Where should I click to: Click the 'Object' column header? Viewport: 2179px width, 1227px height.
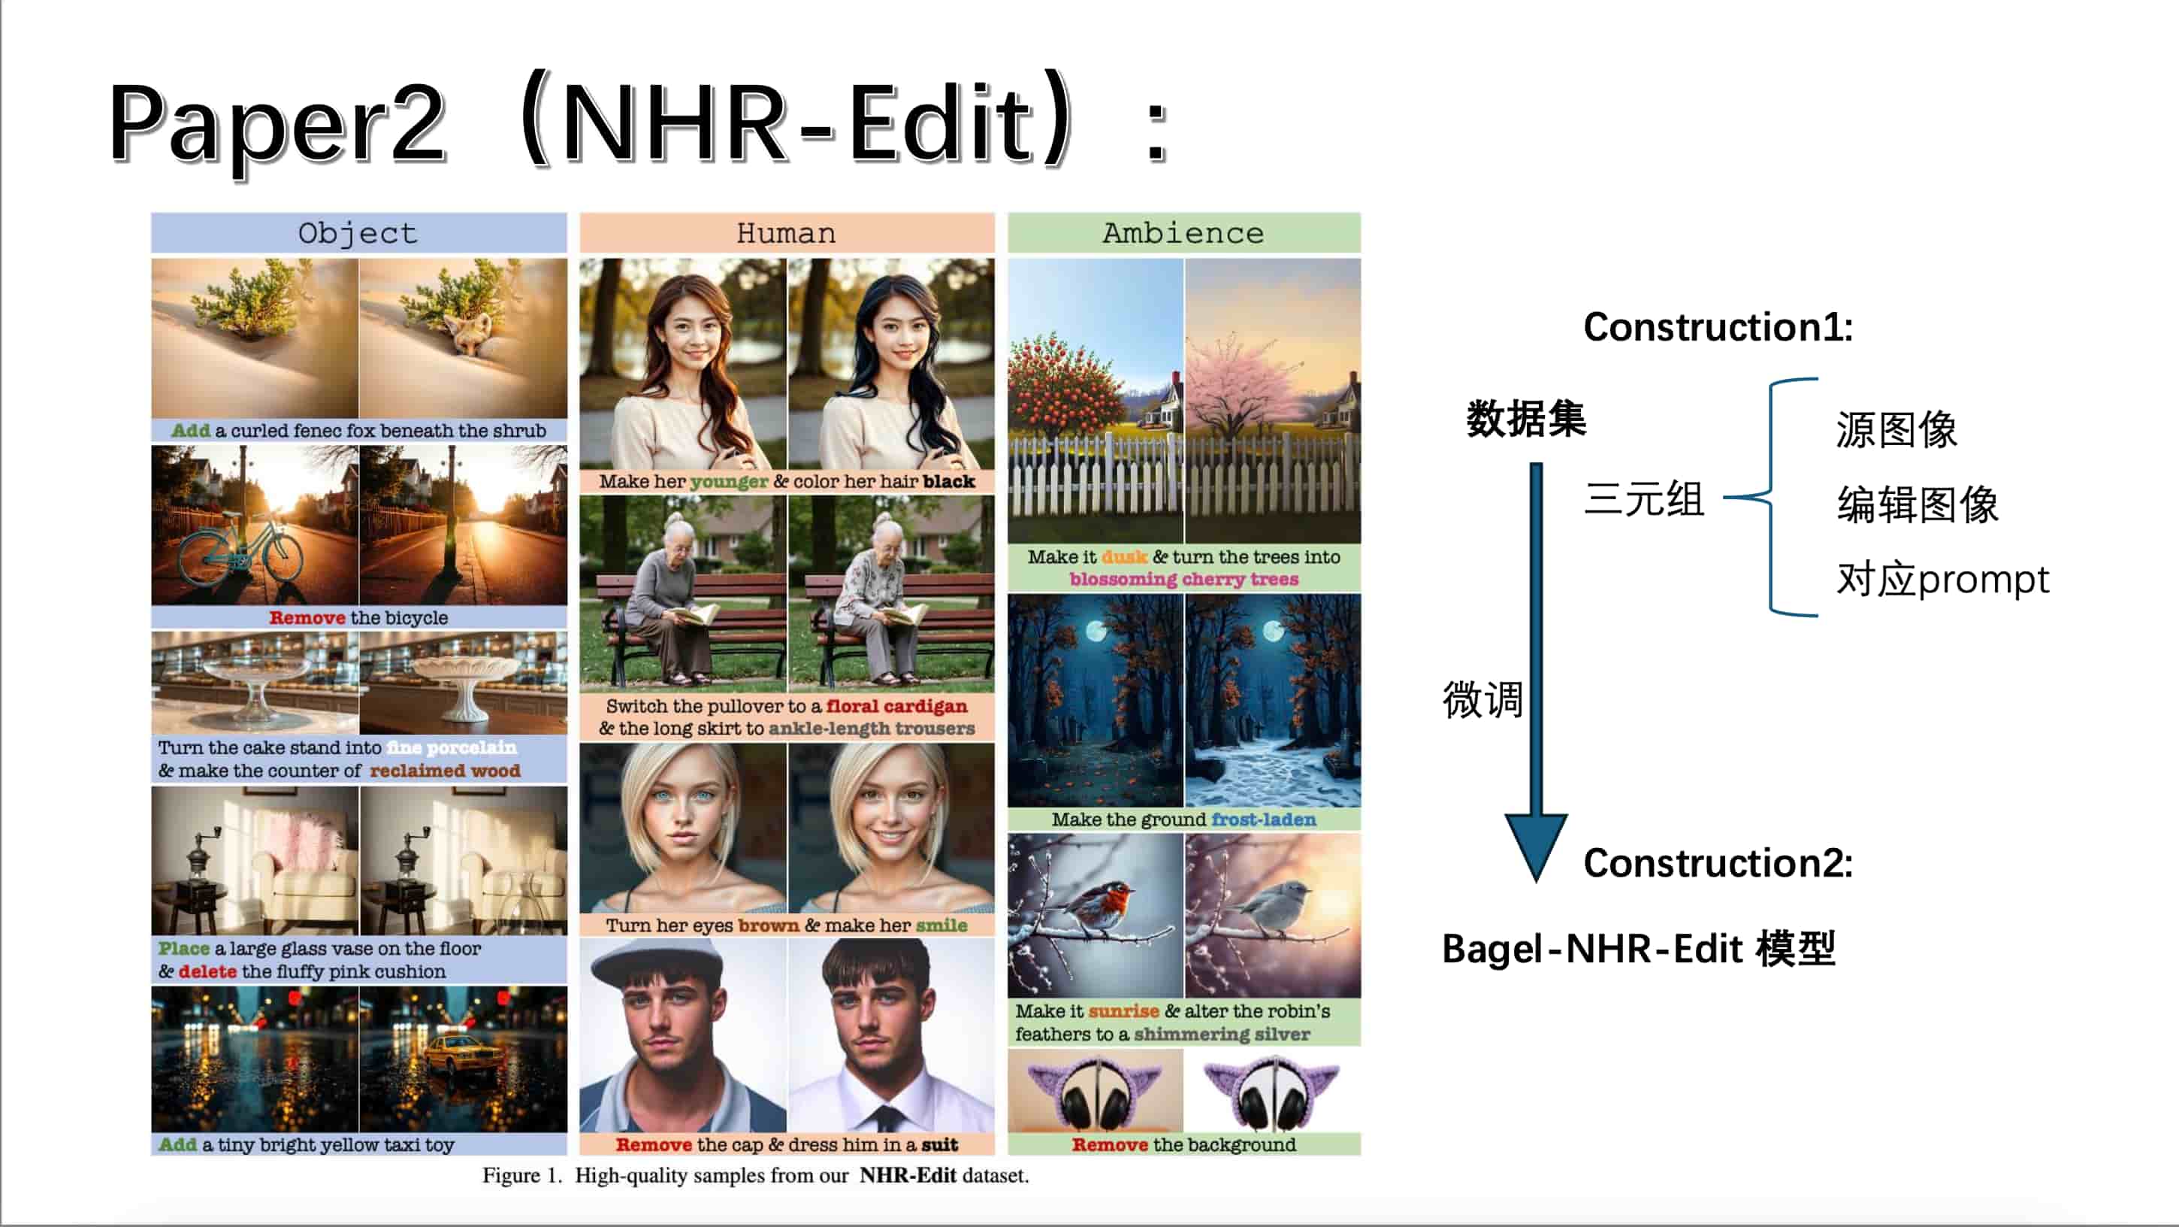pos(358,233)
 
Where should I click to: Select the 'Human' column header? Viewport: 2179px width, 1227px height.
pos(786,233)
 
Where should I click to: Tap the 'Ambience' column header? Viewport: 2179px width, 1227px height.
pos(1183,233)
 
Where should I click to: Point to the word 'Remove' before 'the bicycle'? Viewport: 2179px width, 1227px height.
pos(307,618)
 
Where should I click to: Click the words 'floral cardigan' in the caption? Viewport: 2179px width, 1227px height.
pos(896,707)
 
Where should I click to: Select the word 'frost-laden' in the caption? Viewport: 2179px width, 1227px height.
pos(1264,820)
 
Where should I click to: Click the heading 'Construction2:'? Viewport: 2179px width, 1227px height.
pos(1718,863)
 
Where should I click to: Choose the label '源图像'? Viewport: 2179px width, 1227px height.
pos(1896,430)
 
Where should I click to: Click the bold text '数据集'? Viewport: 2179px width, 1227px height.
pos(1526,419)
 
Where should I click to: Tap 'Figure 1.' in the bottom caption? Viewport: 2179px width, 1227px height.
pos(522,1175)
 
